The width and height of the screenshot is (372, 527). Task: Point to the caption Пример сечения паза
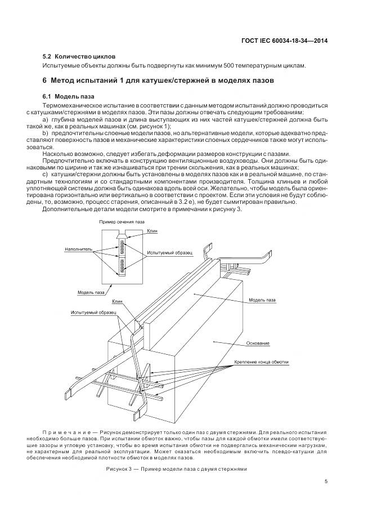tap(122, 222)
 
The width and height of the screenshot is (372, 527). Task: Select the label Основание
tap(258, 343)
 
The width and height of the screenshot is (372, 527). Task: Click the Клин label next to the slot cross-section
tap(153, 231)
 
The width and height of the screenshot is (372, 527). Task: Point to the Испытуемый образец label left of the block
tap(93, 311)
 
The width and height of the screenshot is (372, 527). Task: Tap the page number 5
tap(326, 480)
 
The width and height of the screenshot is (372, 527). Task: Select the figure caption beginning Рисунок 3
tap(176, 469)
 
